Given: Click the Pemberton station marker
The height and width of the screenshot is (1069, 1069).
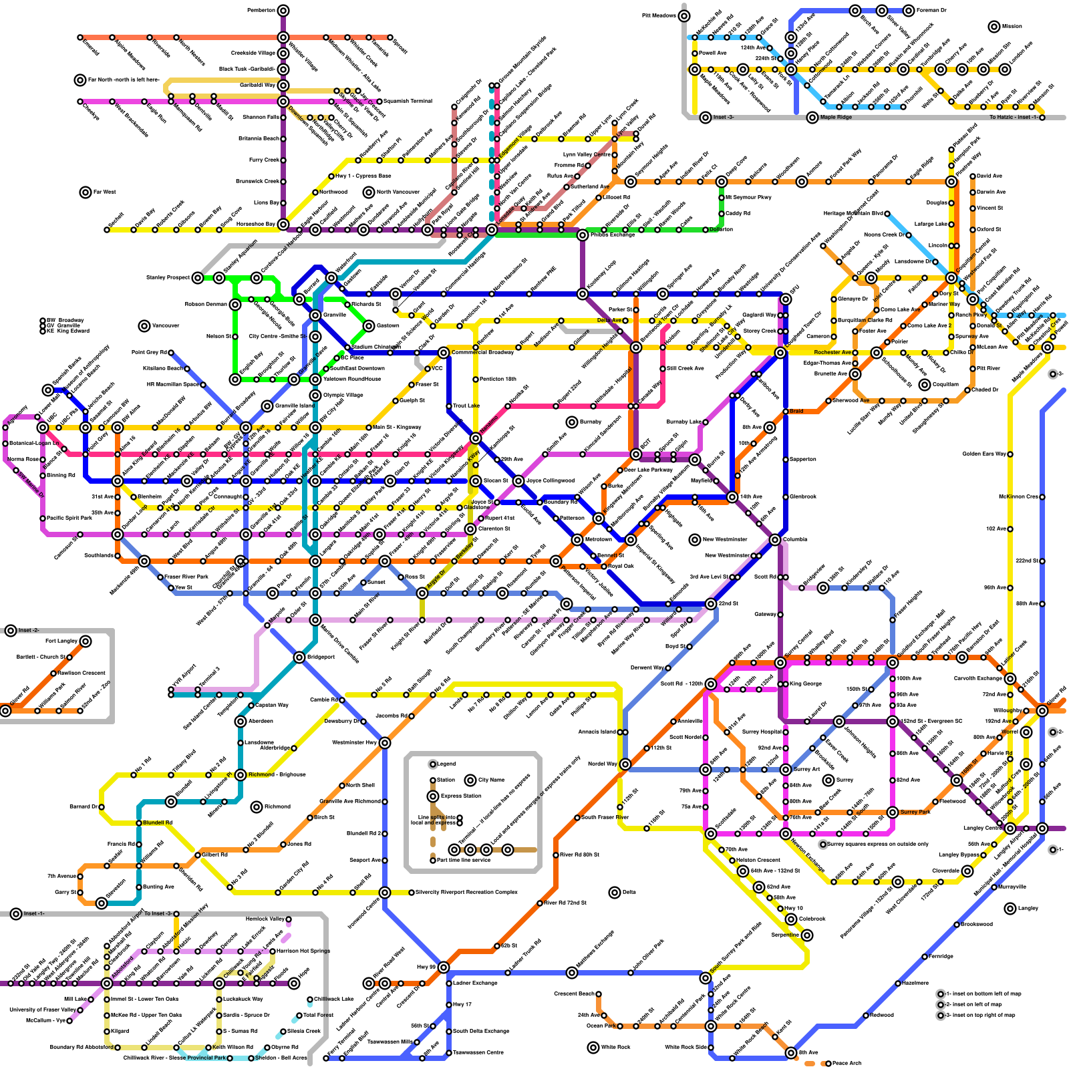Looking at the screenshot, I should click(283, 10).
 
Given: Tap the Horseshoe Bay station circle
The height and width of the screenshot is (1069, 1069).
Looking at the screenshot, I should click(283, 224).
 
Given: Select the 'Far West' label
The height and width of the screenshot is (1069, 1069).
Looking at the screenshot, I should click(104, 192).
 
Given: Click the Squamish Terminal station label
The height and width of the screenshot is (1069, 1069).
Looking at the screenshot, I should click(408, 102).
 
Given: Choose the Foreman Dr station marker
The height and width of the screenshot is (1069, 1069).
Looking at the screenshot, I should click(909, 11).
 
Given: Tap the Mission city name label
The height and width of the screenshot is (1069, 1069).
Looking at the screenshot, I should click(1012, 27).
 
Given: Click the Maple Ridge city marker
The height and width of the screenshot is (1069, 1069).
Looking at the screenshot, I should click(812, 118).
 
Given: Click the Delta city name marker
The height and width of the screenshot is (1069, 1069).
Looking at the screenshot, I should click(615, 893).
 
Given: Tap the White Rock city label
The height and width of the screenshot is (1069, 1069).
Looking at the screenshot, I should click(615, 1048).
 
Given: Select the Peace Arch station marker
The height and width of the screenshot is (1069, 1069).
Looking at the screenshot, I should click(828, 1064).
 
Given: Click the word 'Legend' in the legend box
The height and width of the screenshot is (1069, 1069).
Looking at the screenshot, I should click(446, 764).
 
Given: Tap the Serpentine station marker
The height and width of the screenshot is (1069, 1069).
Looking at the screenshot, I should click(807, 935).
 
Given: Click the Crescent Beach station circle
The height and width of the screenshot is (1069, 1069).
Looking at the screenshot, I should click(599, 994).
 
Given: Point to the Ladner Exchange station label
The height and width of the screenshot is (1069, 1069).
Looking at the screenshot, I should click(475, 983).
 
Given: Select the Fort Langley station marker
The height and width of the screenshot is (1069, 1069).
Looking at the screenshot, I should click(86, 641).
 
